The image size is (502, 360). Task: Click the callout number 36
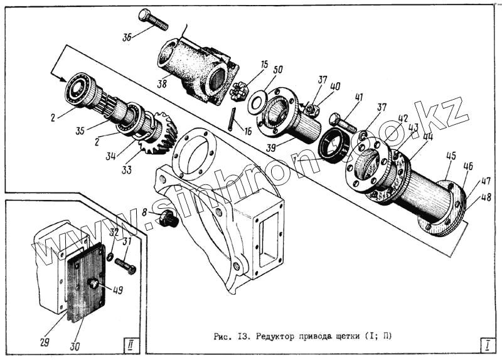127,37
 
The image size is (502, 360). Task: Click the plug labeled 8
169,220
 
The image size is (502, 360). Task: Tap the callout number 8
144,213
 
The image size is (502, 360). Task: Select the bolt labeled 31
125,266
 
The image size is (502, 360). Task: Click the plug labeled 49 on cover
94,284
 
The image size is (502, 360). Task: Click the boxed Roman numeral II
129,343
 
